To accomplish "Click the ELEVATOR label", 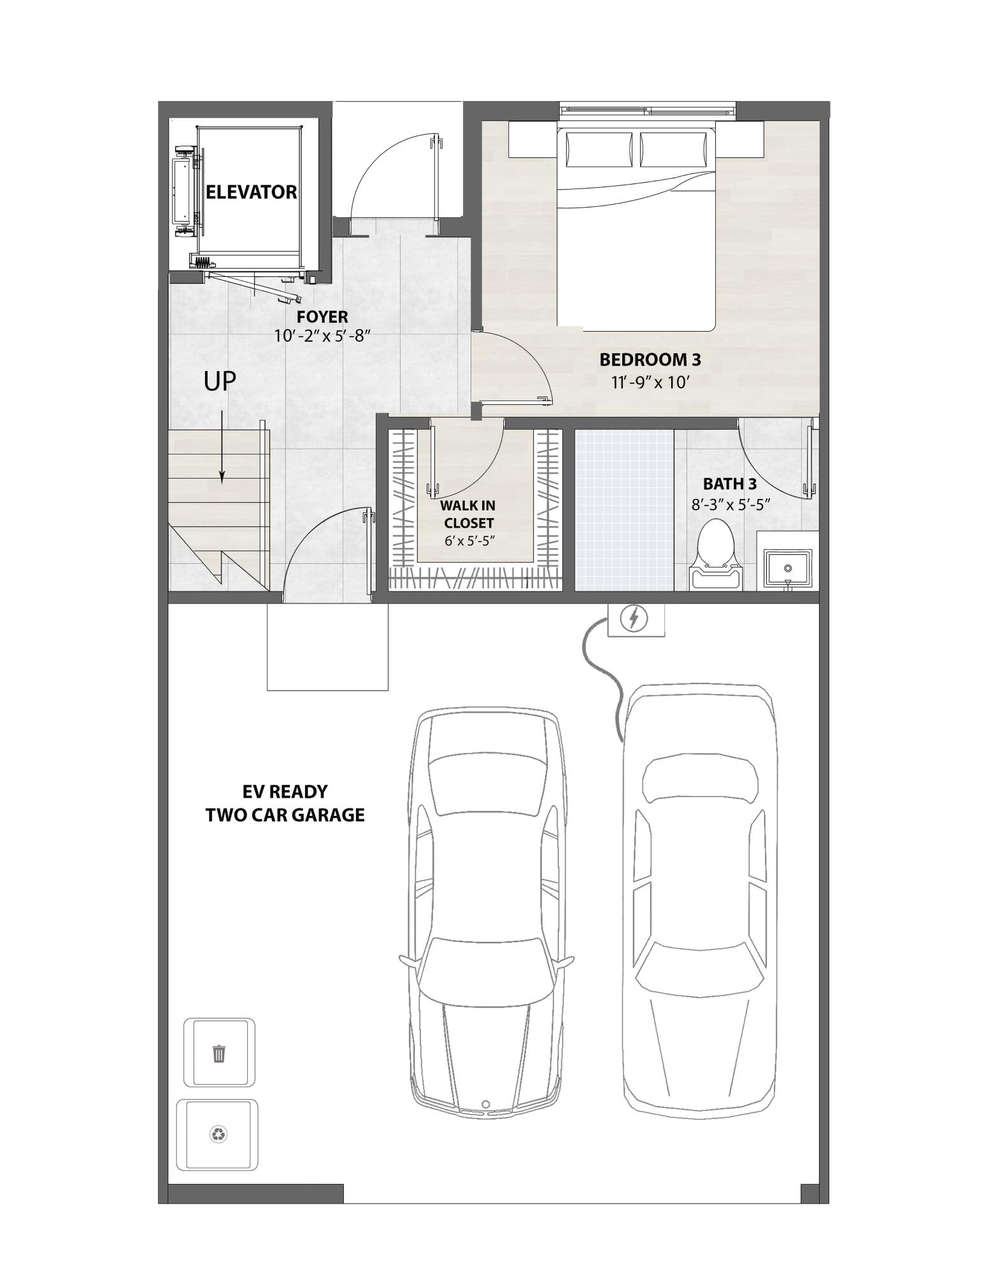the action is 251,192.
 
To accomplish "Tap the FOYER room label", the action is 322,317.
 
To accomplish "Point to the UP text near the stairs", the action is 220,381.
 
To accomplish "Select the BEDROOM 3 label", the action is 650,360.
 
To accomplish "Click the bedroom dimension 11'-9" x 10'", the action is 650,383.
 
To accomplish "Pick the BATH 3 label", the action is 730,484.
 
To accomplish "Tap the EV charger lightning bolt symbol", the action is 634,618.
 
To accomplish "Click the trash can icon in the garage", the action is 219,1053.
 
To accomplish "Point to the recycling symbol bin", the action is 218,1134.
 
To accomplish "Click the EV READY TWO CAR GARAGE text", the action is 285,803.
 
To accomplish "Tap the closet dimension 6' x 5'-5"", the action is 469,542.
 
